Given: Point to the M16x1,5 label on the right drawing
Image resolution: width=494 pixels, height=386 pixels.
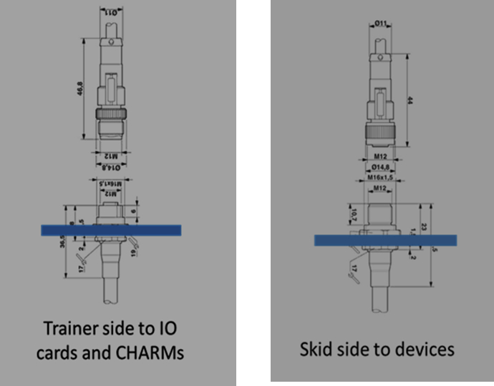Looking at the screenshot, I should coord(382,177).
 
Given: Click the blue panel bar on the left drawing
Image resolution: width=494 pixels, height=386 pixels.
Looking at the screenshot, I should coord(111,230).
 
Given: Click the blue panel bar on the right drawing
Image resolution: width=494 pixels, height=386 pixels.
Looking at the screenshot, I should coord(385,240).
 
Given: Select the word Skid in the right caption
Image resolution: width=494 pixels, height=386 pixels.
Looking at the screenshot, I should coord(314,350).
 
